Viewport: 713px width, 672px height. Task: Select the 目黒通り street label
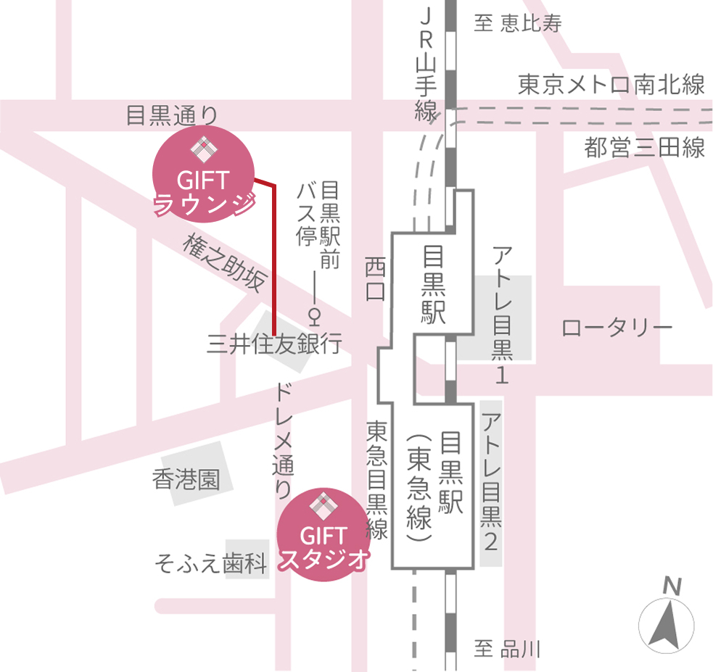(x=171, y=115)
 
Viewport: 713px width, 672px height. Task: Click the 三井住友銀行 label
(x=274, y=343)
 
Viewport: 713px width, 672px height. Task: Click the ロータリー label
(x=617, y=328)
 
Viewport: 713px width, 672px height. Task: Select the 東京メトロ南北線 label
(x=611, y=86)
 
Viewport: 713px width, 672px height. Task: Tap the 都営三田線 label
(x=645, y=148)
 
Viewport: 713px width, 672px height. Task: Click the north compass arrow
(x=667, y=620)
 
